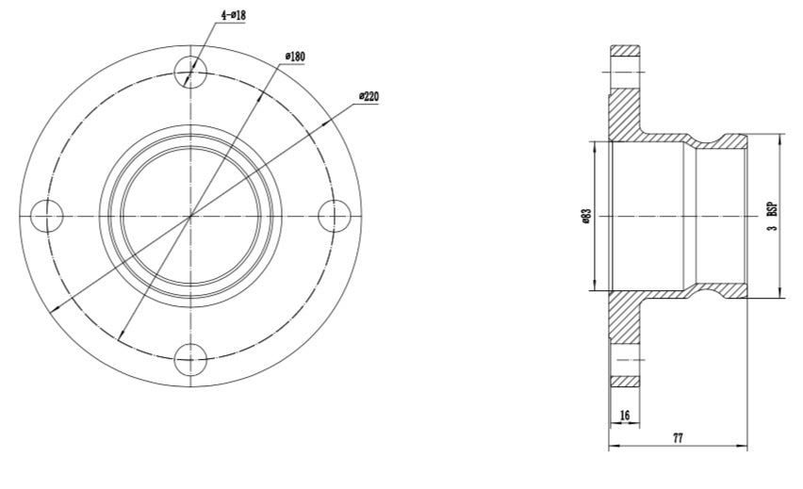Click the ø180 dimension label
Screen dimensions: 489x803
click(x=295, y=57)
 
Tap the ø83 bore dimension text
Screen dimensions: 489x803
click(x=585, y=218)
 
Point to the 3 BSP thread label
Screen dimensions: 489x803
click(x=772, y=218)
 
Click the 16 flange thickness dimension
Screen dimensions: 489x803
click(x=624, y=416)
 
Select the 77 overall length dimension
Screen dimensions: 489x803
click(x=678, y=439)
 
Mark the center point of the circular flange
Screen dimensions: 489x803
click(x=190, y=216)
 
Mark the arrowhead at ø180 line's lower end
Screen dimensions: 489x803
click(x=123, y=339)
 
